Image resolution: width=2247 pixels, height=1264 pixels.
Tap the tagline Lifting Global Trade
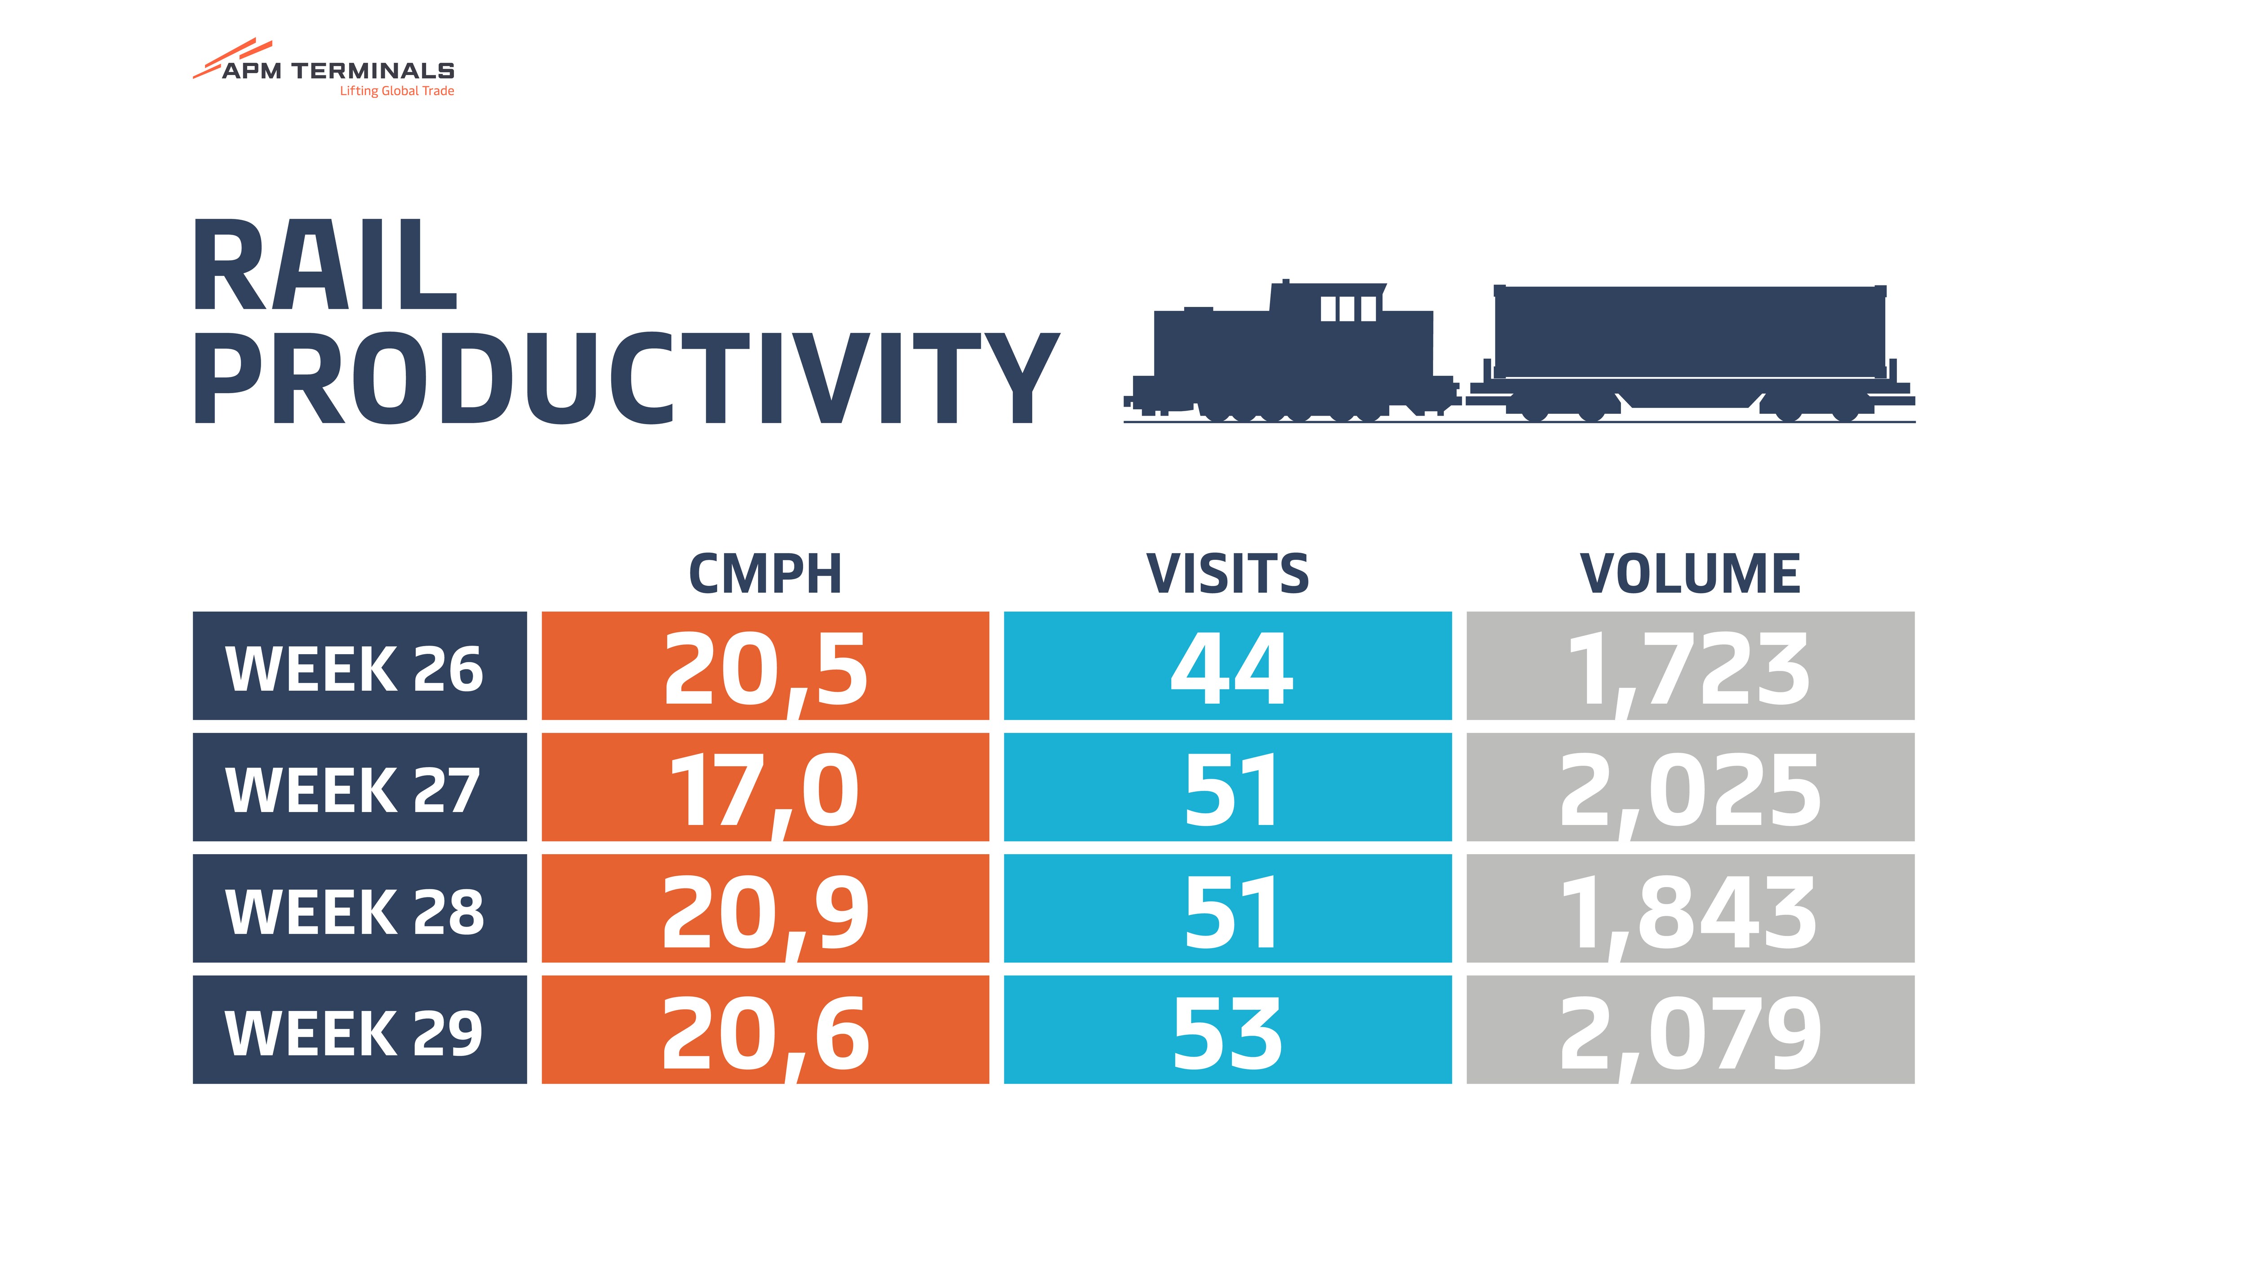click(x=397, y=91)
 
